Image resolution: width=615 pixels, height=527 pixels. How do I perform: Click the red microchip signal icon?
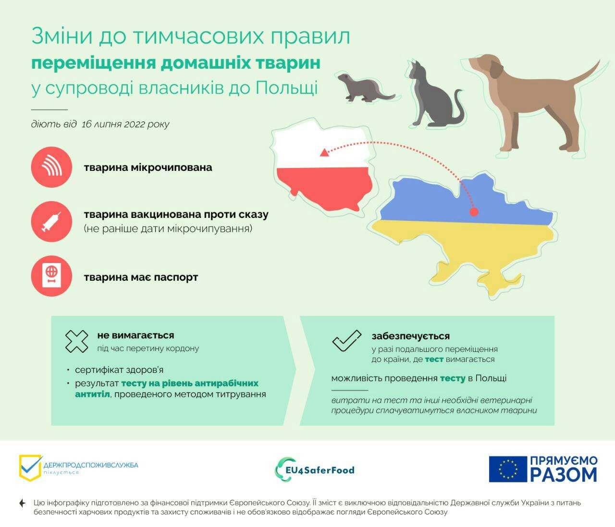51,167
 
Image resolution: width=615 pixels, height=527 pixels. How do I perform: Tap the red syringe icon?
51,221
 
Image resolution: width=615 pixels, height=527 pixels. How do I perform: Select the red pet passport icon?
51,276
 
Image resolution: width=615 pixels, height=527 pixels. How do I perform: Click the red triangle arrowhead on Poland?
324,153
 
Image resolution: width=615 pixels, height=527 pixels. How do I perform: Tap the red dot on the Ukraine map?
474,212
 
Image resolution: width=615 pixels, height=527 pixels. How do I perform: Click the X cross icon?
77,341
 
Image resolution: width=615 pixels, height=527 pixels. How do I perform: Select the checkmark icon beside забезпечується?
346,340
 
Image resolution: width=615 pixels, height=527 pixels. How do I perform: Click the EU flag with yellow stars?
508,469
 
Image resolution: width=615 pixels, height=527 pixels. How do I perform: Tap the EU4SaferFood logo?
315,469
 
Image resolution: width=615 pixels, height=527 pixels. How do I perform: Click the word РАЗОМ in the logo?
564,474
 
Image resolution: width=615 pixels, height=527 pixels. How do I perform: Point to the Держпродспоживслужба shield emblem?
30,468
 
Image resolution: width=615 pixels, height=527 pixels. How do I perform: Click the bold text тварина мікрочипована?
148,168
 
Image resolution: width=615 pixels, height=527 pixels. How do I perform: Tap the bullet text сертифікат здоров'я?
119,370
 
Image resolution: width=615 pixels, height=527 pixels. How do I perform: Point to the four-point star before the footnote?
22,503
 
